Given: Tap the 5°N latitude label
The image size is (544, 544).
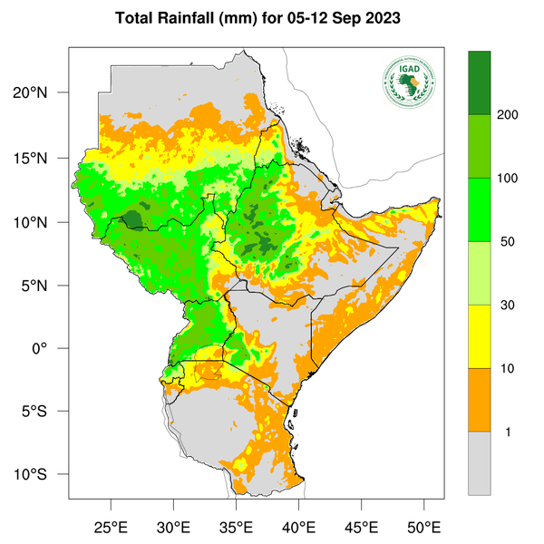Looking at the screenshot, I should [44, 286].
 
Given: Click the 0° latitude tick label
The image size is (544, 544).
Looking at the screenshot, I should [53, 348].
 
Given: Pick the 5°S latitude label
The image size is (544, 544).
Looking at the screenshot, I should [44, 412].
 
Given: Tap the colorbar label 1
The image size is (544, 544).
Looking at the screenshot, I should [508, 432].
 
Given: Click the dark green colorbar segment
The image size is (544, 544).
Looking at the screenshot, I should [480, 83].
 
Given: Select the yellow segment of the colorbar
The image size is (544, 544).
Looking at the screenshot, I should [480, 335].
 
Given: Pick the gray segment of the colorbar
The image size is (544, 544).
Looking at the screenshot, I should [480, 462].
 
